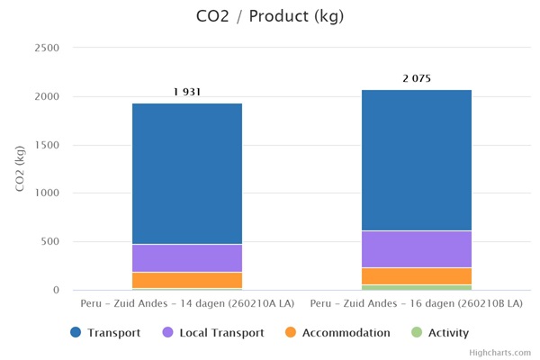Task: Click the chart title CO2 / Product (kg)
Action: pos(270,16)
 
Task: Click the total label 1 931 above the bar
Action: pos(187,92)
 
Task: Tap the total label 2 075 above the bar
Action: pos(417,78)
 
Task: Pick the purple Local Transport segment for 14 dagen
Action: pos(187,258)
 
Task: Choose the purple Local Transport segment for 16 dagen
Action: pos(417,249)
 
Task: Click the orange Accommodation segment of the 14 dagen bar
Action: pos(187,280)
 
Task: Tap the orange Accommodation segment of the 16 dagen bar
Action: pos(417,276)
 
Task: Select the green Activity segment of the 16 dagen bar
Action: pos(417,287)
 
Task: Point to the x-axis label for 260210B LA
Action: pos(417,304)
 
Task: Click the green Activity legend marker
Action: pos(416,333)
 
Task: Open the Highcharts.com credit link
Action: pos(500,353)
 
